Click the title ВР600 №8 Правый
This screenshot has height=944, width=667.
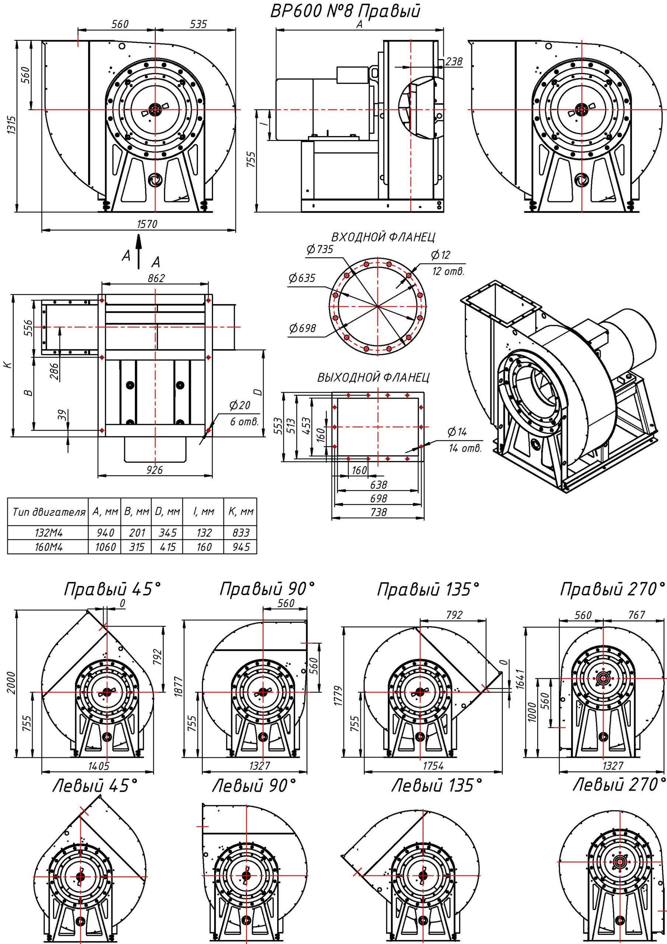pos(345,11)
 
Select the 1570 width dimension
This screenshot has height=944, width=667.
pos(147,224)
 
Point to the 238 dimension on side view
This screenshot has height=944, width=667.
pos(454,61)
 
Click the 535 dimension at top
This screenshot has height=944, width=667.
pos(198,24)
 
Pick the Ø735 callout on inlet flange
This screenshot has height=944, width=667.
pos(320,250)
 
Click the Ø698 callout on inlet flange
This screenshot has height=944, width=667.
pos(302,328)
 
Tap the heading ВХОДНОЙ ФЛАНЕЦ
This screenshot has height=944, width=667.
pos(383,237)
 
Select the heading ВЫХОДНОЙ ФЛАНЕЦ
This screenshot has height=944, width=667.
pos(373,378)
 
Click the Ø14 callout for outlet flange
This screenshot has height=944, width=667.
pos(457,432)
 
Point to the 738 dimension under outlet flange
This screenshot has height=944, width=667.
pos(378,512)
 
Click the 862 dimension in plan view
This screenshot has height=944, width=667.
pos(156,278)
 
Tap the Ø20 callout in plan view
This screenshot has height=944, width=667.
pos(240,405)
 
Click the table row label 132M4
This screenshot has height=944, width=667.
pos(49,533)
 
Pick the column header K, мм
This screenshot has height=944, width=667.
pos(241,512)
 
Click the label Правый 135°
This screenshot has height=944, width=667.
pos(428,590)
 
